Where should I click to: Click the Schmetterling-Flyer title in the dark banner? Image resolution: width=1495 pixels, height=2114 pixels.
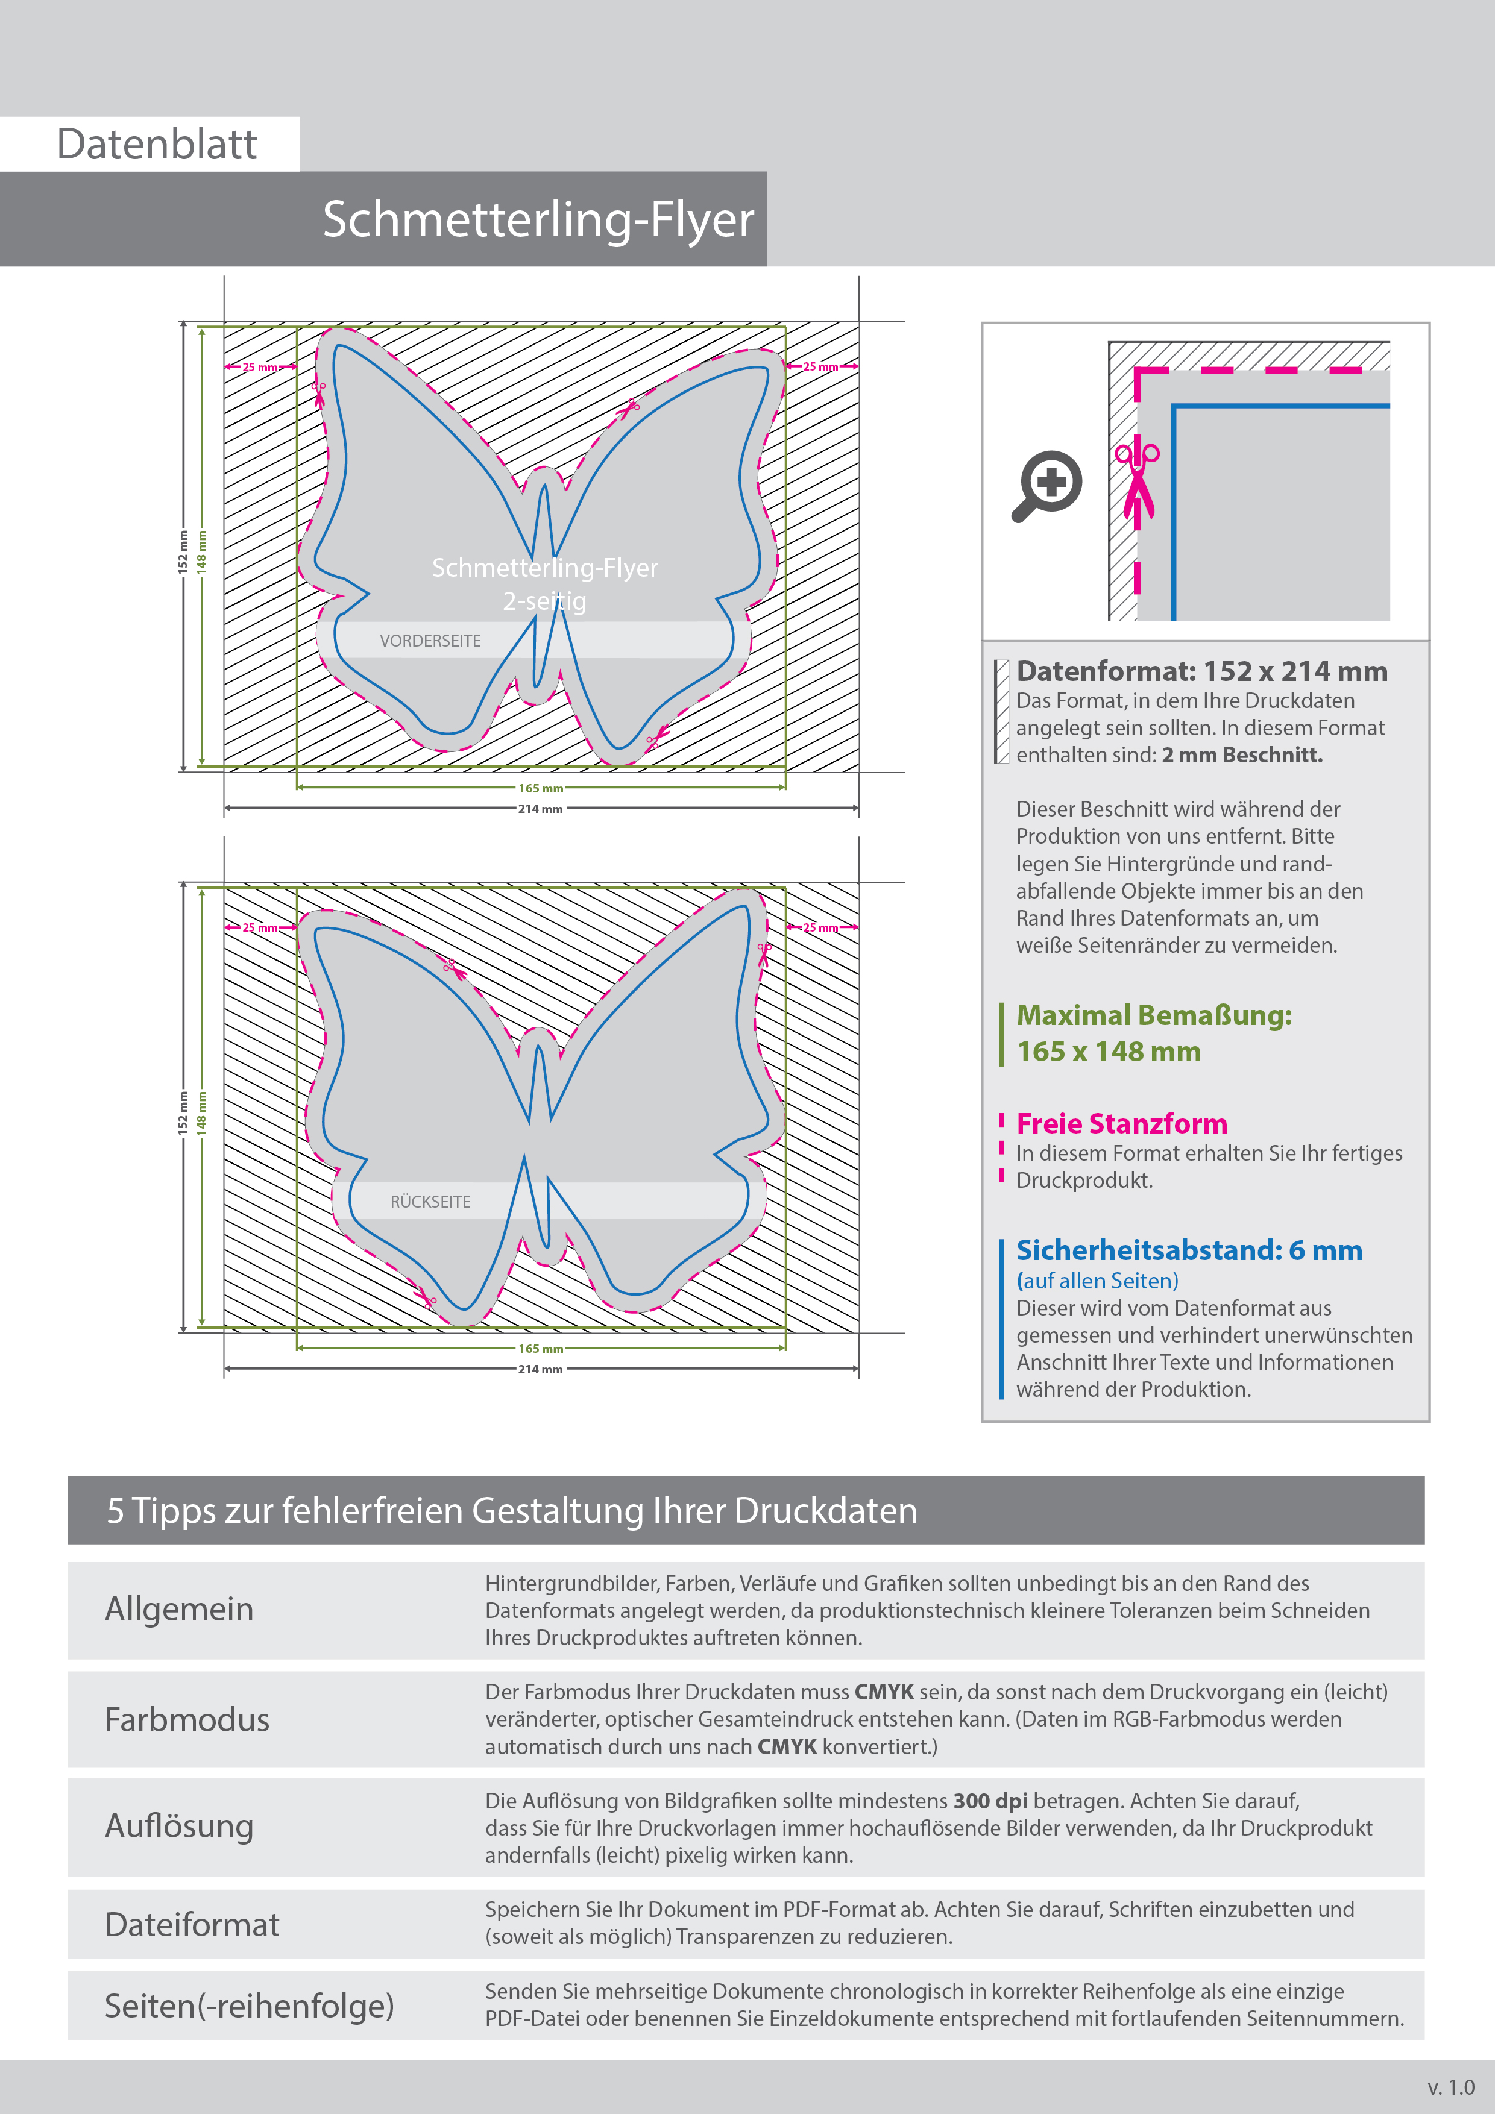(x=538, y=219)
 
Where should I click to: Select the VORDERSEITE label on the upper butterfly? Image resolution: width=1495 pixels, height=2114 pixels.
(x=430, y=641)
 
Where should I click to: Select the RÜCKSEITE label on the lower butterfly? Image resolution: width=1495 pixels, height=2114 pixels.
(x=430, y=1202)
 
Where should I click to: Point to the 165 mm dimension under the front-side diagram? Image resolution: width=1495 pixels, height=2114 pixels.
(x=541, y=788)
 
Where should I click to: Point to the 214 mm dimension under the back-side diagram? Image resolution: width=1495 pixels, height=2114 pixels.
(x=541, y=1369)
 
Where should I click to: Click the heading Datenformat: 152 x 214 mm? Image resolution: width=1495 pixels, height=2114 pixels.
(x=1201, y=671)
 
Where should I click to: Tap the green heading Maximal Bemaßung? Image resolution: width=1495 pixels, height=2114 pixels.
(x=1153, y=1015)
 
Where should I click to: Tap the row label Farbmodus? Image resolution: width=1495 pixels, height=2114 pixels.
(x=187, y=1720)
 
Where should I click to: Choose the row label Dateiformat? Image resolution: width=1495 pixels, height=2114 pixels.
(x=192, y=1924)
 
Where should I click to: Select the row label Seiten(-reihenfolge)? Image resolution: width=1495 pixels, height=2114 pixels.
(x=249, y=2006)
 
